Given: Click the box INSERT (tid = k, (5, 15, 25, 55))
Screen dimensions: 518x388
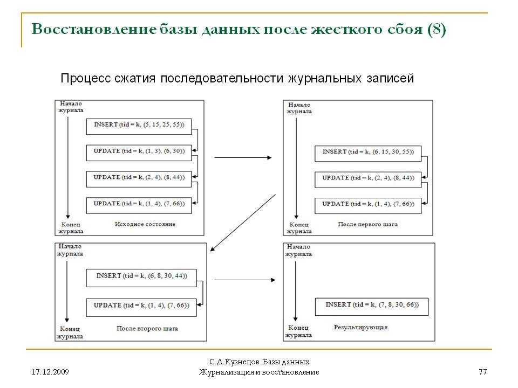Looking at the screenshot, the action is coord(139,126).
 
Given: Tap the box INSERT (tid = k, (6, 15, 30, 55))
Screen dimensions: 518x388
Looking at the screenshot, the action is coord(368,154).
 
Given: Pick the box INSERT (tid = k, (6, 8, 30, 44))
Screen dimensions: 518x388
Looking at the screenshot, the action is coord(141,278).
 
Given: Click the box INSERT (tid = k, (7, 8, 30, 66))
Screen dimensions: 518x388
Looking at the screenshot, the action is coord(372,307).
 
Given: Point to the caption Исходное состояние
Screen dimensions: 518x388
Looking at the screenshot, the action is coord(145,224).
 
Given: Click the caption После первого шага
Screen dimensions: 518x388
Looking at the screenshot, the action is coord(367,224).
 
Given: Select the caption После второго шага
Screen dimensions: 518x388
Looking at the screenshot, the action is coord(147,328).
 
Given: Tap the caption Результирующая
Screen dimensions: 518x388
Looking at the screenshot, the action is coord(360,327).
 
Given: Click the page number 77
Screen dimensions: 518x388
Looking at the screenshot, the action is coord(482,372).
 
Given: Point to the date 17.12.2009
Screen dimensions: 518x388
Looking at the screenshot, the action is coord(50,372).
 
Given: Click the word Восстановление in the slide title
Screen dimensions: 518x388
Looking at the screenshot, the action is coord(94,29).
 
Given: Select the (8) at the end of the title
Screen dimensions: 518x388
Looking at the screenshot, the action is coord(437,29).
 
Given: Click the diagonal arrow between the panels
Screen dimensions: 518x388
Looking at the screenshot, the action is coord(243,223).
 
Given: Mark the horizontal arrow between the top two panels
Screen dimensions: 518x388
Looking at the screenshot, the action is coord(243,158).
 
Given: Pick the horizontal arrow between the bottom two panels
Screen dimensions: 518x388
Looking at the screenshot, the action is coord(245,280).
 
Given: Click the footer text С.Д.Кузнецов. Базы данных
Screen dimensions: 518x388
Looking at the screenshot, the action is coord(260,362).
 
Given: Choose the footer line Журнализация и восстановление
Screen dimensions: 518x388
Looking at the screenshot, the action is coord(259,372).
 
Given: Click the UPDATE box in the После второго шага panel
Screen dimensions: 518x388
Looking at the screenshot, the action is coord(141,308).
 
